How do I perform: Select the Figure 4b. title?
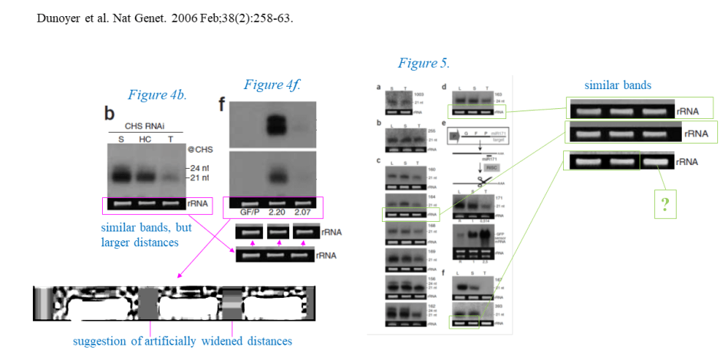point(158,95)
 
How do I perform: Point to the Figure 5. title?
point(423,62)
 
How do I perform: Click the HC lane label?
point(144,139)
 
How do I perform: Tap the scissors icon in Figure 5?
point(484,181)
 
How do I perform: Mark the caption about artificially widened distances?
point(183,340)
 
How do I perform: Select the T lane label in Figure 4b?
point(170,139)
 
